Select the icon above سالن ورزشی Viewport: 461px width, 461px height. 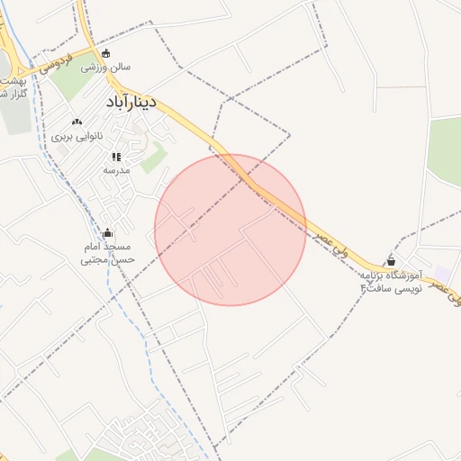[106, 53]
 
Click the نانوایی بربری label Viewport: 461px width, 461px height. [77, 136]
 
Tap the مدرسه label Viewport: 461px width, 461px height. [117, 169]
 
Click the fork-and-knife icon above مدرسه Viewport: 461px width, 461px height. [116, 157]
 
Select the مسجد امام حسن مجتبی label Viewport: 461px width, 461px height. [108, 253]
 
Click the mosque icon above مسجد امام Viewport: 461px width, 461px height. [109, 233]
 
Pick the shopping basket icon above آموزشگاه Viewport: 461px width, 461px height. [390, 260]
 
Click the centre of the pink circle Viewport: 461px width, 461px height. [230, 230]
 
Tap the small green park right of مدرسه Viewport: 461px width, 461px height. [154, 158]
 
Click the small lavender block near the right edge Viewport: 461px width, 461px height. [442, 273]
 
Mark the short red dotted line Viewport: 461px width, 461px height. [401, 87]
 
